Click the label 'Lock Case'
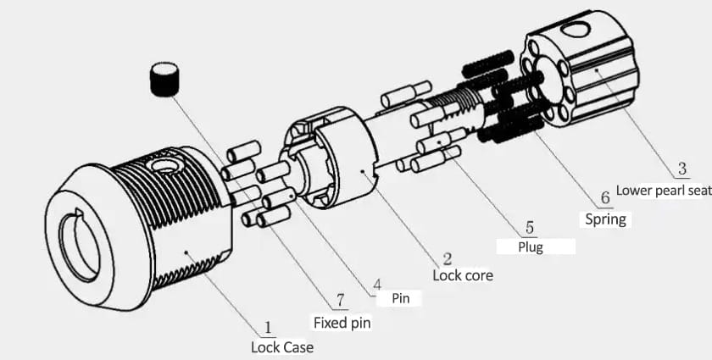click(x=281, y=346)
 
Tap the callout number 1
click(x=269, y=327)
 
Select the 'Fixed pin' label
click(x=342, y=322)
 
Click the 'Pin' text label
click(x=401, y=298)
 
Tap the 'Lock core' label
click(x=462, y=275)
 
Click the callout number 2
click(x=447, y=258)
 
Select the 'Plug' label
click(x=531, y=246)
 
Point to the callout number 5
click(x=530, y=227)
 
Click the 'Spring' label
click(x=605, y=219)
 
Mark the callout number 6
click(x=604, y=198)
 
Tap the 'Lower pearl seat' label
click(x=663, y=191)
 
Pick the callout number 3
click(x=681, y=168)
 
